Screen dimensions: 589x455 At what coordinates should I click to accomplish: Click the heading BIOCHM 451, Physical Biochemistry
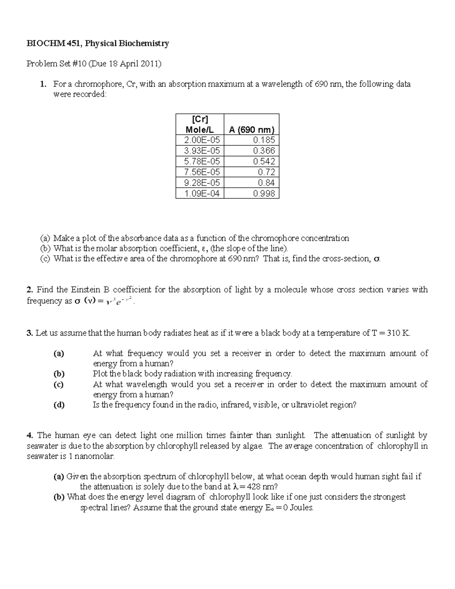pyautogui.click(x=97, y=43)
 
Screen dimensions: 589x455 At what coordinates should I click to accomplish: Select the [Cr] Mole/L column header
pyautogui.click(x=200, y=124)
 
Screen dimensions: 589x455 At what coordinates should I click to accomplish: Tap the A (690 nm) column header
pyautogui.click(x=251, y=129)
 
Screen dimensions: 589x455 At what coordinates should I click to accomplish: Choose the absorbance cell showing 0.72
pyautogui.click(x=266, y=172)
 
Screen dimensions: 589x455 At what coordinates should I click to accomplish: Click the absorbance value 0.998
pyautogui.click(x=264, y=193)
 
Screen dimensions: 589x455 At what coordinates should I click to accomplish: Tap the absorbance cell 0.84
pyautogui.click(x=266, y=182)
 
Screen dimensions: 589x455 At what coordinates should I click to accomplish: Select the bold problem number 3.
pyautogui.click(x=30, y=333)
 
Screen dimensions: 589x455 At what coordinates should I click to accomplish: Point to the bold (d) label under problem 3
pyautogui.click(x=59, y=405)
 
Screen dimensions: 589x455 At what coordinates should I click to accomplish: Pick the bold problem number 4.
pyautogui.click(x=30, y=435)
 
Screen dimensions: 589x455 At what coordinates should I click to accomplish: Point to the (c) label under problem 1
pyautogui.click(x=45, y=259)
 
